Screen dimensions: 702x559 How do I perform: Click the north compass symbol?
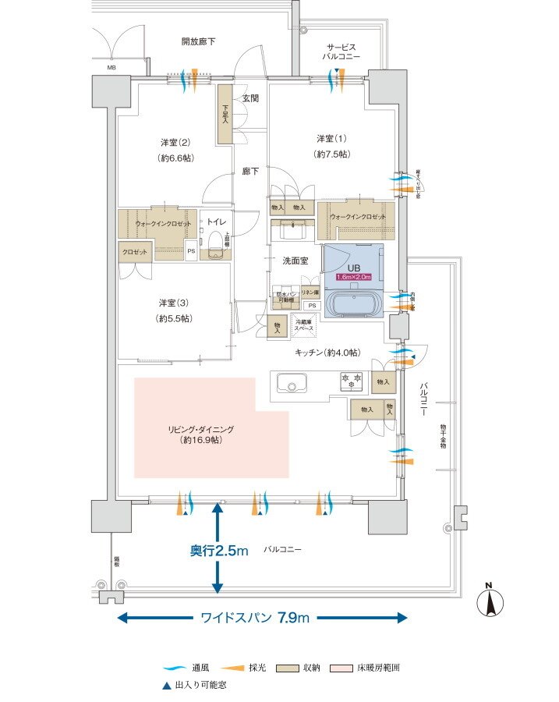tap(490, 602)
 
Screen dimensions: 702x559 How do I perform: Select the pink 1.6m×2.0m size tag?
tap(353, 277)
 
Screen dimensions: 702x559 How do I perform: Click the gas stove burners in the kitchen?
tap(349, 381)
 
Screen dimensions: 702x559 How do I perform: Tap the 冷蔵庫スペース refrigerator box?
tap(304, 325)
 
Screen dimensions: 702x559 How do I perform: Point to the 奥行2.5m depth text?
tap(219, 551)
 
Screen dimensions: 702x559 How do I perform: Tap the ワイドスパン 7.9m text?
tap(256, 618)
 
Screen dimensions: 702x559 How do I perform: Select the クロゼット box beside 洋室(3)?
tap(134, 252)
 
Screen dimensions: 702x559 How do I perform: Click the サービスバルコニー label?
tap(341, 51)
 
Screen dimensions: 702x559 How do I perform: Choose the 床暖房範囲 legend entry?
tap(370, 668)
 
